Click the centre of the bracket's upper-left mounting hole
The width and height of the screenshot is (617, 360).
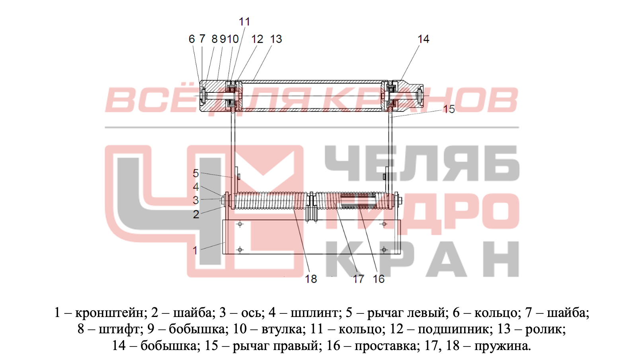point(240,224)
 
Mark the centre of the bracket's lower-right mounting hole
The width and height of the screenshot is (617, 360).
point(384,250)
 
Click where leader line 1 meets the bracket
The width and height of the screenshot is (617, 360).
point(225,243)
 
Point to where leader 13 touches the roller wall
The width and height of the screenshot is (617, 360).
point(253,81)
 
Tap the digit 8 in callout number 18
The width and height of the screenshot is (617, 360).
point(314,279)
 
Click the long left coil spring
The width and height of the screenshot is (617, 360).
point(271,200)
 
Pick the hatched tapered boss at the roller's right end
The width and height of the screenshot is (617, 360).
point(408,96)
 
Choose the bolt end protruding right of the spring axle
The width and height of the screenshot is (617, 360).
point(400,201)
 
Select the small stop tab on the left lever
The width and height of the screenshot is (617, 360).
point(239,176)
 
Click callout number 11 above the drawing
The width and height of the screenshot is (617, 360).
point(244,22)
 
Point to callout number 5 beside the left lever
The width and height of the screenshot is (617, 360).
point(195,173)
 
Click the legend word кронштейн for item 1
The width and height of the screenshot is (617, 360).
point(109,313)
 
